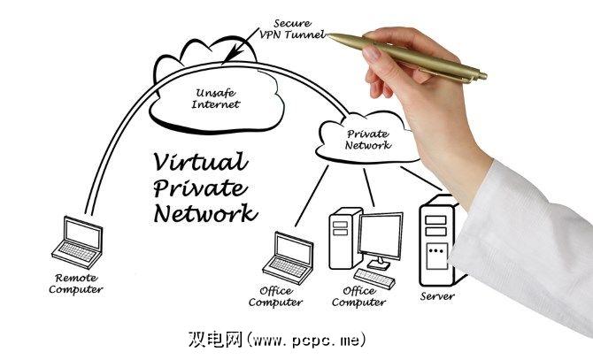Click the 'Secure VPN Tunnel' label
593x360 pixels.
coord(292,29)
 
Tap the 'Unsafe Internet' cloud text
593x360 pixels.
coord(216,98)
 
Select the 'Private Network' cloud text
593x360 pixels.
coord(367,140)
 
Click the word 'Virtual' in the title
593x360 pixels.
coord(200,162)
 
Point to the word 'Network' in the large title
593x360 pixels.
coord(205,213)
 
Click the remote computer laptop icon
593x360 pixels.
coord(77,242)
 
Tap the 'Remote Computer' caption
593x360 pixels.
coord(75,284)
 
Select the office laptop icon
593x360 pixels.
coord(289,257)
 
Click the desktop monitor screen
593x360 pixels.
coord(380,235)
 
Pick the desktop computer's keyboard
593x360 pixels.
coord(374,279)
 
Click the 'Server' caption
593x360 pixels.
coord(437,296)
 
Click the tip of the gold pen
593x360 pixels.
coord(329,35)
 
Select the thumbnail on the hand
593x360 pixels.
coord(372,54)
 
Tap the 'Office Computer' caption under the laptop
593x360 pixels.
coord(275,296)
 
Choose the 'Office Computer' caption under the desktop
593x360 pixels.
coord(359,296)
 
